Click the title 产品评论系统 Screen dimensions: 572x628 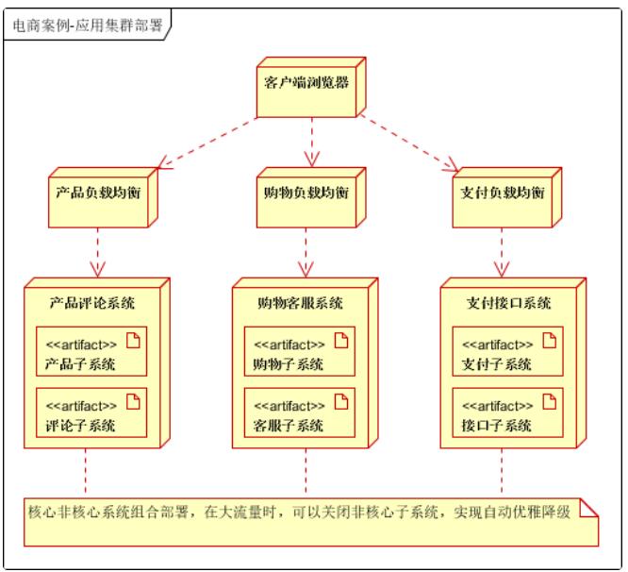point(91,303)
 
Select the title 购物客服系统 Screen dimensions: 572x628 point(299,303)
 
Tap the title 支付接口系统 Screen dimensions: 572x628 point(508,303)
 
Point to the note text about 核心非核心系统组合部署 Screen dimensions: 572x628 point(299,513)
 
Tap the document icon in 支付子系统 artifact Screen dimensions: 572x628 point(549,342)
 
